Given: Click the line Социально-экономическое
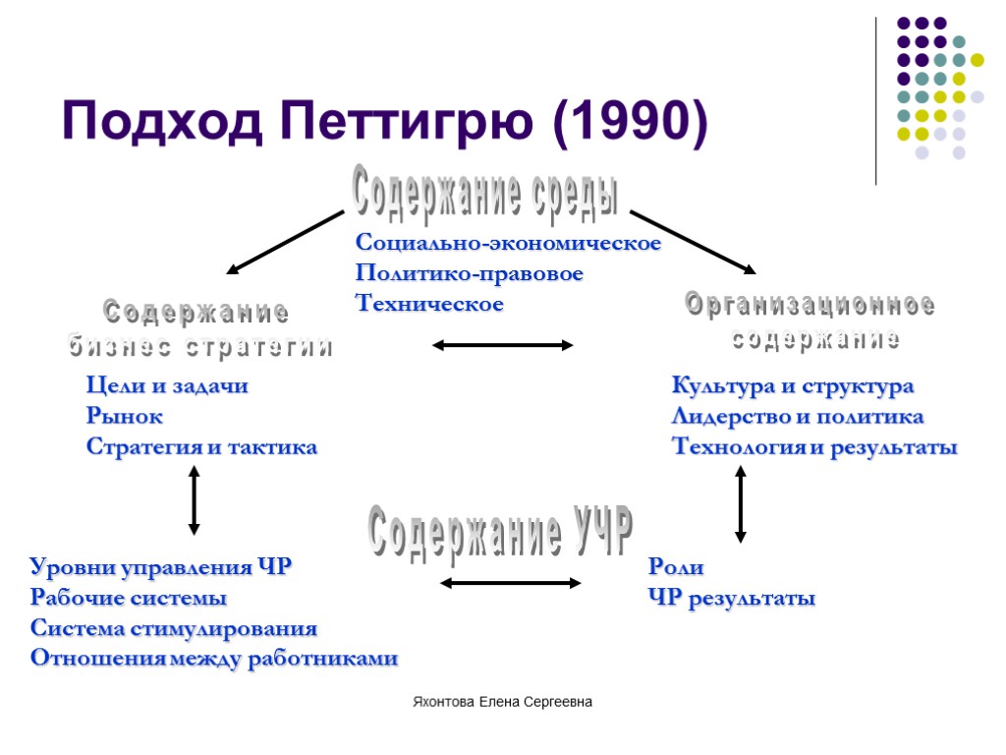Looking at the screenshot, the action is [508, 243].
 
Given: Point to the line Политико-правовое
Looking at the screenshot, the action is [470, 273].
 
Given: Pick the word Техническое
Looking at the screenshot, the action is [429, 304].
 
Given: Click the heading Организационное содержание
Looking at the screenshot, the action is [810, 322].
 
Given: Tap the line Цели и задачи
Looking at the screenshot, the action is [167, 386].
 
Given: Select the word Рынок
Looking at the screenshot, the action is [125, 417].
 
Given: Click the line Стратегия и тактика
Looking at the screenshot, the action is [201, 447].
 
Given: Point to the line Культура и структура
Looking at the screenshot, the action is [792, 386].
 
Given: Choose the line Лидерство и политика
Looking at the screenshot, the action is [797, 417].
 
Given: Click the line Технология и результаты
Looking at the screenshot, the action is [813, 447].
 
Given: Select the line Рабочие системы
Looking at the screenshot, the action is [129, 598].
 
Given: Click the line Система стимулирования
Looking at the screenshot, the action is [174, 628].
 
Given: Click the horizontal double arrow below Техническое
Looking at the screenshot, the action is [503, 345].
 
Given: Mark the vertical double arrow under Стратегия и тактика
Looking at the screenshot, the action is [194, 500].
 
